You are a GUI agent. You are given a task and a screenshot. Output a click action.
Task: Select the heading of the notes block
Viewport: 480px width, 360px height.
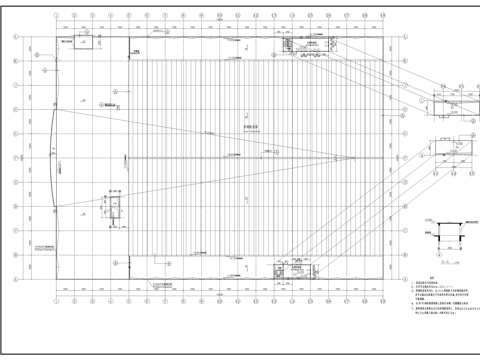coord(432,278)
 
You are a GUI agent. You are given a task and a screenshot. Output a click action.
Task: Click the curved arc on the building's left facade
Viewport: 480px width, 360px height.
coord(54,157)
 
